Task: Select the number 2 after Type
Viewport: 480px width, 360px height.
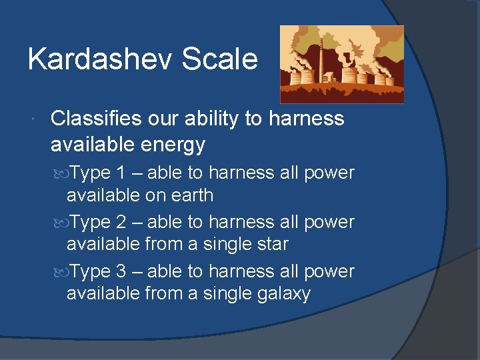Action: [x=121, y=222]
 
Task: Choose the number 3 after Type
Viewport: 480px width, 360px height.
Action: [x=121, y=271]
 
